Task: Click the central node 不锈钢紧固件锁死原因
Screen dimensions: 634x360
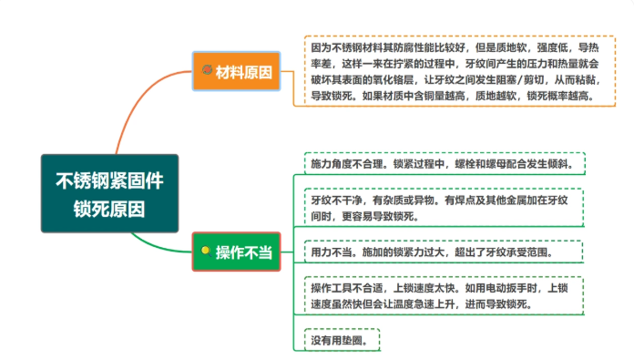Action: [109, 193]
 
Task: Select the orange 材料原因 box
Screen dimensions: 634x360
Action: [236, 71]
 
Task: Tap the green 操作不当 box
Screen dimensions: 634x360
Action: [236, 252]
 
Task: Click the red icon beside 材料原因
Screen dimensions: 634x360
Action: [207, 70]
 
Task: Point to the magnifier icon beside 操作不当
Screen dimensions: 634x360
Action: [206, 252]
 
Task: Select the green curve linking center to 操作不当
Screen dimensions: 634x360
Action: [158, 248]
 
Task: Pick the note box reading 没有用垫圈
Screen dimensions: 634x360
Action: [343, 340]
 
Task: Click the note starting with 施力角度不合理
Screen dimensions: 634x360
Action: [445, 163]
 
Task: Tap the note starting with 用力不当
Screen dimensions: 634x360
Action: [444, 252]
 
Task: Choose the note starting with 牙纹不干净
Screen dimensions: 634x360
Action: [444, 208]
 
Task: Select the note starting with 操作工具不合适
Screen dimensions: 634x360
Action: [444, 295]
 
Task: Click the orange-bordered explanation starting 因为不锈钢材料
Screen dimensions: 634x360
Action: [460, 71]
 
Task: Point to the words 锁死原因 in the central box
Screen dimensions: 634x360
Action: [109, 209]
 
